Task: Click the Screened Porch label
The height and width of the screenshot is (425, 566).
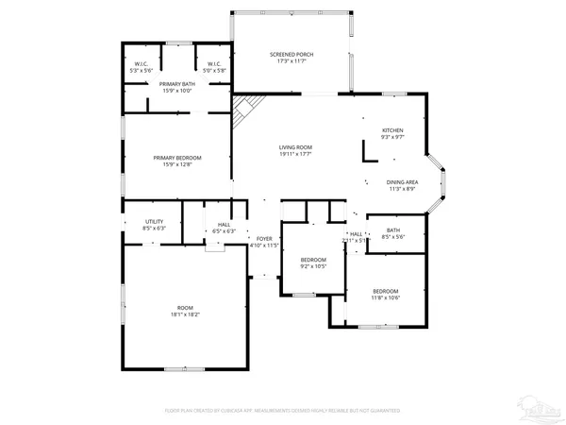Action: coord(291,55)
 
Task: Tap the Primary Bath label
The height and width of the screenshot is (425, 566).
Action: coord(175,84)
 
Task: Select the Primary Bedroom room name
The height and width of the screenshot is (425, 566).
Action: coord(177,158)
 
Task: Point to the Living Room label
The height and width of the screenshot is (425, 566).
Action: coord(295,147)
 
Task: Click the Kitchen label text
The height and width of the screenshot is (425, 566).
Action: coord(392,130)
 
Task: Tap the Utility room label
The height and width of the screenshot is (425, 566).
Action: coord(154,221)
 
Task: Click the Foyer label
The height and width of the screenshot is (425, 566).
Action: coord(264,239)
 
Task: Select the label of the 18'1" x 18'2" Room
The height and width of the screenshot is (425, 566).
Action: coord(185,308)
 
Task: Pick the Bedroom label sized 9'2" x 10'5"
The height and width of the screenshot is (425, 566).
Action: coord(313,260)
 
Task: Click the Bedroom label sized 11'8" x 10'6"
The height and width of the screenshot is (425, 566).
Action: coord(385,291)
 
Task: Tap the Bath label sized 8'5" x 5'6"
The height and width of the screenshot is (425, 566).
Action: coord(392,229)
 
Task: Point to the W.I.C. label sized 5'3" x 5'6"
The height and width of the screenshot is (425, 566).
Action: coord(141,65)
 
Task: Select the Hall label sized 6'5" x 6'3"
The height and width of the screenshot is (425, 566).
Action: coord(225,225)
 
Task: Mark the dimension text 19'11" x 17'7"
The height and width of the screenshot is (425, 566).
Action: coord(295,155)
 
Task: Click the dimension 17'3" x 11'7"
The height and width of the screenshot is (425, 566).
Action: coord(291,61)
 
